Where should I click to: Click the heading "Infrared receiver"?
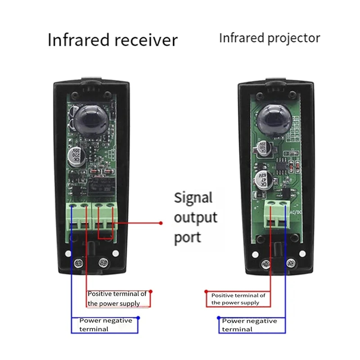click(x=112, y=40)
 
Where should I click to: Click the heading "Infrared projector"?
click(x=269, y=38)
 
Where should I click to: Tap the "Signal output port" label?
click(x=196, y=218)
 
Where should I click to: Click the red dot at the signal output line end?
click(x=161, y=223)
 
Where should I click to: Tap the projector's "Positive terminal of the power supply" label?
click(x=238, y=299)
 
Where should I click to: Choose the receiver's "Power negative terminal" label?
click(x=106, y=324)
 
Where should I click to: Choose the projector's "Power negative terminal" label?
click(x=250, y=324)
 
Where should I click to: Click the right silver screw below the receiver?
click(x=103, y=261)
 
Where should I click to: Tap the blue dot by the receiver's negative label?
click(x=138, y=318)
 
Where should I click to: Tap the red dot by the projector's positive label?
click(x=207, y=292)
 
